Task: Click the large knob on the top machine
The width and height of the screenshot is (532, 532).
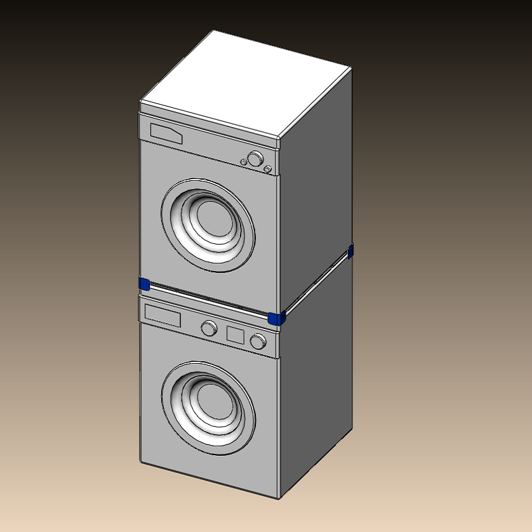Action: pos(255,159)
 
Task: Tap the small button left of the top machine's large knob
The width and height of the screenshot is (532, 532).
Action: pos(244,162)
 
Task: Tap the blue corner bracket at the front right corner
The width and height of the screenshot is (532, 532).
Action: pos(276,318)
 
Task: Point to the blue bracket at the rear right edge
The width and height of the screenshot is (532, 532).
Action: pos(350,251)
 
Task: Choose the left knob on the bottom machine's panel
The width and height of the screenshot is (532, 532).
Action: pos(208,328)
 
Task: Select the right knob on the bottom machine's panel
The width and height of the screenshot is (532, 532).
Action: pos(258,341)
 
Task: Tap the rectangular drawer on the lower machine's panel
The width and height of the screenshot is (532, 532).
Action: pos(163,314)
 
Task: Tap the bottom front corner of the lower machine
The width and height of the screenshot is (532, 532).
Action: pos(278,496)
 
